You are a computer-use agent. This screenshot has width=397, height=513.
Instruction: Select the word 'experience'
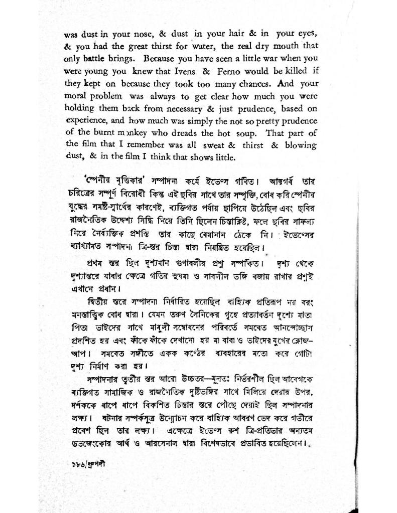coord(84,120)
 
